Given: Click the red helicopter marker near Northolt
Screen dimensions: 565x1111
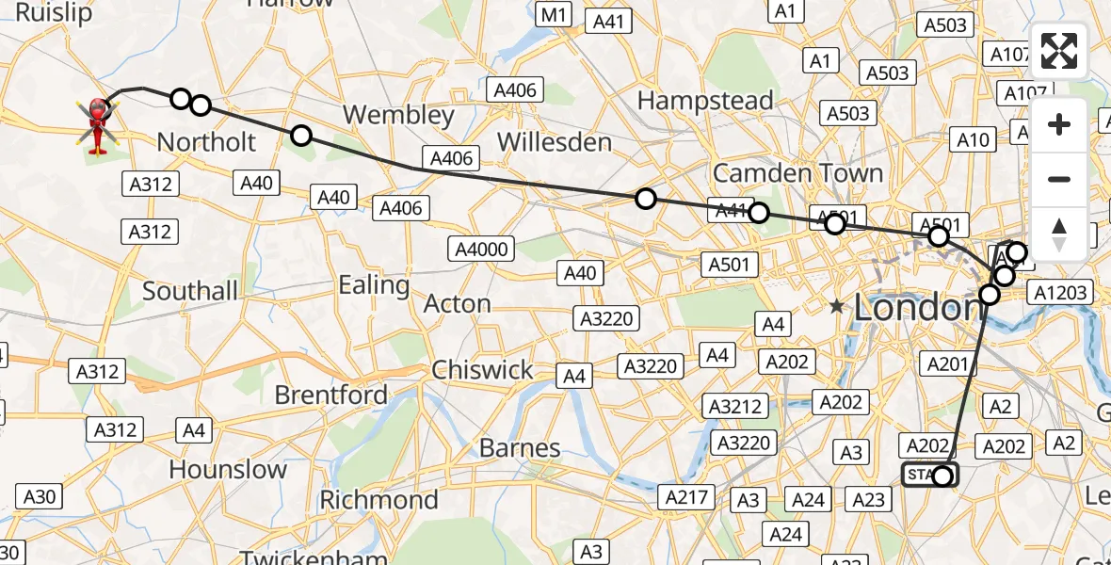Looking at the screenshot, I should pos(98,125).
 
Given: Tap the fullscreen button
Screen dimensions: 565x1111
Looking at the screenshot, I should pos(1059,51).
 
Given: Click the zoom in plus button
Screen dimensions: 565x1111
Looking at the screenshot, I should pos(1059,125).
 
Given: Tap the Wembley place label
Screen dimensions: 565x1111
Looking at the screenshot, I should pos(398,116).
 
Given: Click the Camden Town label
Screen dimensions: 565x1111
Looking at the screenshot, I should pos(797,173).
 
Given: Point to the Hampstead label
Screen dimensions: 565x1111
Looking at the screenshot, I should pos(705,100).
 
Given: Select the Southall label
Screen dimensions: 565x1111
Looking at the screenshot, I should pos(190,291).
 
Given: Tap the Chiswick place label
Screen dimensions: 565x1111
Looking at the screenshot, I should pos(482,370).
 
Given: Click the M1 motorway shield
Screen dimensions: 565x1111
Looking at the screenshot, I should pos(553,14).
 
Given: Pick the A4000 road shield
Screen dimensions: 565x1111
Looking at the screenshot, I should pos(481,250).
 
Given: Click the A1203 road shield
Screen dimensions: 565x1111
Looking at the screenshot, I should pos(1061,293).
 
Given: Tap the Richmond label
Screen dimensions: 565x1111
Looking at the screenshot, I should pos(379,499).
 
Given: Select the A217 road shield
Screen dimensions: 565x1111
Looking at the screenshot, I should pos(686,496).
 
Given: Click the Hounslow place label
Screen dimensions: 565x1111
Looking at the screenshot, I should pos(228,469).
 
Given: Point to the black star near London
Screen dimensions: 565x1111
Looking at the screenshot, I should pos(836,305).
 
